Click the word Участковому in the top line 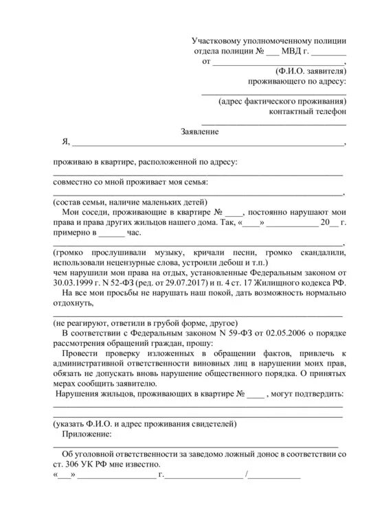218,41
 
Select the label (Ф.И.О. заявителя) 311,71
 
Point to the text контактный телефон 307,111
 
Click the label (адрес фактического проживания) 282,101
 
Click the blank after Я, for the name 206,144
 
